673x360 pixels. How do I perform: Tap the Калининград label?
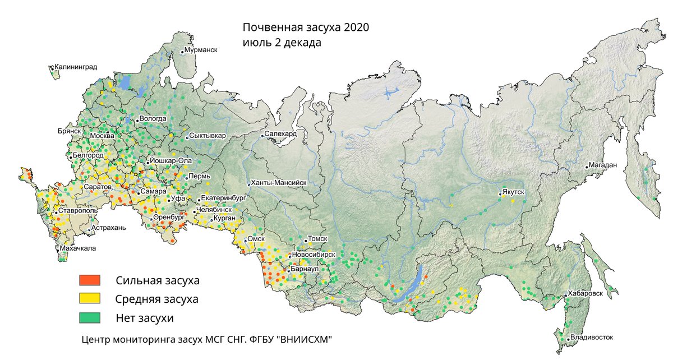click(x=76, y=67)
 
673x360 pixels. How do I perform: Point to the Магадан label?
click(x=602, y=165)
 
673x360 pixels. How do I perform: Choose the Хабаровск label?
click(x=585, y=293)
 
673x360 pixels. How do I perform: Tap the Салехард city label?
click(x=280, y=134)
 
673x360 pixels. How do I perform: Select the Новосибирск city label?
click(x=313, y=255)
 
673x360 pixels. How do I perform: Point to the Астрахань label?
click(x=109, y=228)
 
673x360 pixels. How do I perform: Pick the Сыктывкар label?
click(x=208, y=136)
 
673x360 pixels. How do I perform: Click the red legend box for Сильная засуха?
click(x=89, y=280)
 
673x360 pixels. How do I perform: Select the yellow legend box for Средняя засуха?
click(x=89, y=298)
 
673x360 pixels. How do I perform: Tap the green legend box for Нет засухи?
click(x=89, y=317)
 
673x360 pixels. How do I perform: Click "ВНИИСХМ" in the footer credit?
click(x=307, y=339)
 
